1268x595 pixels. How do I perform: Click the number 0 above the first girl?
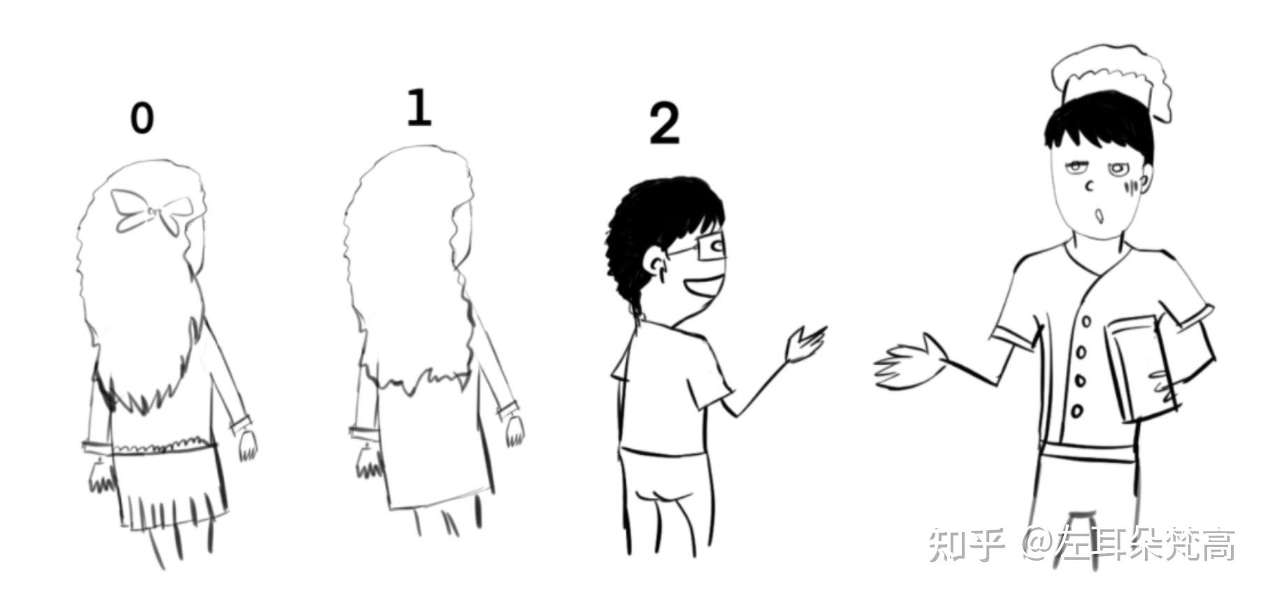[x=142, y=118]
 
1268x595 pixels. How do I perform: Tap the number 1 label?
[x=419, y=108]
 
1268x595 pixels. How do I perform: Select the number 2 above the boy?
[x=664, y=124]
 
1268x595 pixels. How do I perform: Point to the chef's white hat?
[x=1111, y=80]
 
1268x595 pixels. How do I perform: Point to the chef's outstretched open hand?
[x=909, y=363]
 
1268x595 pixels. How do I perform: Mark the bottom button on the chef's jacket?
[x=1077, y=411]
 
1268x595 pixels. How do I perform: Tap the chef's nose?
[x=1089, y=187]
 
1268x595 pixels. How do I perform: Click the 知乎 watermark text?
[x=967, y=545]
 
